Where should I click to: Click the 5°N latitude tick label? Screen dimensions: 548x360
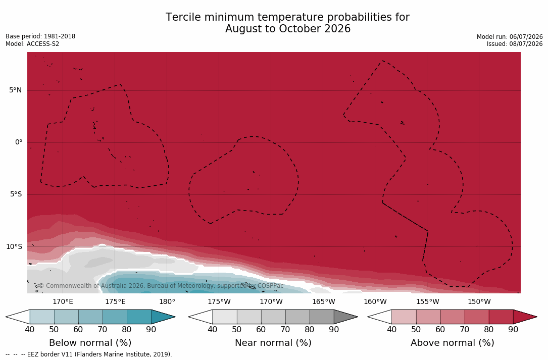click(x=15, y=90)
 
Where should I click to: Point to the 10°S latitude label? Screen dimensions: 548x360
click(x=14, y=247)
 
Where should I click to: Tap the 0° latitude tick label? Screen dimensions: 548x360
click(x=19, y=142)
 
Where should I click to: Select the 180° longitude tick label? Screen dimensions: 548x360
click(x=167, y=301)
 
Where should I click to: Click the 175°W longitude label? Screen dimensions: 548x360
click(x=219, y=301)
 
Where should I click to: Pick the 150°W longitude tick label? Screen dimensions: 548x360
click(x=479, y=301)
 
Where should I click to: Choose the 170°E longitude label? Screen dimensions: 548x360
click(x=63, y=301)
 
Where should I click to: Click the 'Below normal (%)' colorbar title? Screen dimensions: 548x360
click(x=90, y=343)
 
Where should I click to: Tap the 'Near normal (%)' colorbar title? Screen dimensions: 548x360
click(x=273, y=343)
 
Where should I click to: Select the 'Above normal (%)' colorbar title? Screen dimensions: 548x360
click(x=452, y=343)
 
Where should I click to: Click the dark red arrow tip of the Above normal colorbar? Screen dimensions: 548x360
click(x=536, y=317)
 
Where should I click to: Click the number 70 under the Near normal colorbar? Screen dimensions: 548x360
click(x=285, y=330)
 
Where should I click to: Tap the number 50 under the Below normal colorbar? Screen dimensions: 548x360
click(x=54, y=330)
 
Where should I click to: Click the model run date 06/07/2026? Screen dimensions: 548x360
click(x=526, y=37)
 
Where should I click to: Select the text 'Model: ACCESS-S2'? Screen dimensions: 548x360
click(x=32, y=44)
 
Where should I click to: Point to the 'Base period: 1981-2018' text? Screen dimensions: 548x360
click(x=40, y=36)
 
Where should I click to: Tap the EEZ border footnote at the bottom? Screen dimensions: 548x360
click(x=89, y=354)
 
